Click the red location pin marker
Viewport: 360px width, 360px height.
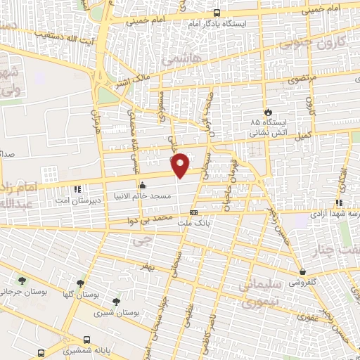(x=181, y=164)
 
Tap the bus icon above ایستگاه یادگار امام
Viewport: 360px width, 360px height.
(x=216, y=13)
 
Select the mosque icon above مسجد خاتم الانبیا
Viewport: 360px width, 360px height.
(x=143, y=186)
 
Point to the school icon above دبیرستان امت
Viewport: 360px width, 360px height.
(x=77, y=188)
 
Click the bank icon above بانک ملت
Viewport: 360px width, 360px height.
(x=194, y=212)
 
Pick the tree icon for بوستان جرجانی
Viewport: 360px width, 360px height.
(x=23, y=280)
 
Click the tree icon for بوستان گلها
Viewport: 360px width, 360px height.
(x=82, y=283)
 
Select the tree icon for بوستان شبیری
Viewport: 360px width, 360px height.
(x=116, y=302)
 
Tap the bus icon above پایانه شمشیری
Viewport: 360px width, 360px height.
(x=86, y=338)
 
